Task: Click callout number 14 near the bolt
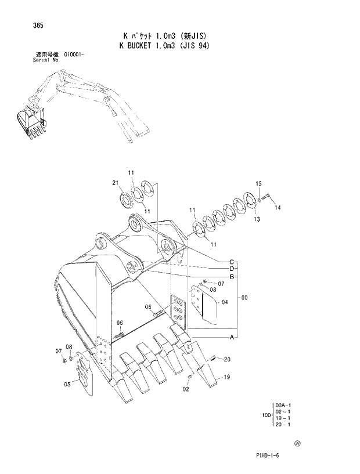click(278, 207)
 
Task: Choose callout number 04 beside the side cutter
click(225, 302)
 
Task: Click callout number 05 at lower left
click(67, 383)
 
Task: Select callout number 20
click(227, 359)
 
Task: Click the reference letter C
click(231, 260)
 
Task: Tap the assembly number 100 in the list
click(265, 415)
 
